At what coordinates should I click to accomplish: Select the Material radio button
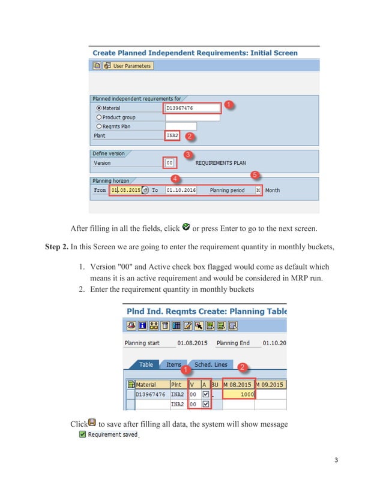pyautogui.click(x=99, y=108)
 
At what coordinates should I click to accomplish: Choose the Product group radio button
pyautogui.click(x=99, y=117)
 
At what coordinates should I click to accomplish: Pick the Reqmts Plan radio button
pyautogui.click(x=99, y=126)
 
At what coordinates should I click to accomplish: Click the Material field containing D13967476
pyautogui.click(x=191, y=108)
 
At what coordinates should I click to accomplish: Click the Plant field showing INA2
pyautogui.click(x=172, y=136)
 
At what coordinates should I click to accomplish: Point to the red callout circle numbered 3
pyautogui.click(x=187, y=155)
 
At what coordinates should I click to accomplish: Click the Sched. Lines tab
pyautogui.click(x=211, y=364)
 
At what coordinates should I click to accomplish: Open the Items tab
pyautogui.click(x=173, y=364)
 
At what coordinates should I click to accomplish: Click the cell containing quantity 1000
pyautogui.click(x=239, y=394)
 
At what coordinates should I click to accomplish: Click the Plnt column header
pyautogui.click(x=176, y=384)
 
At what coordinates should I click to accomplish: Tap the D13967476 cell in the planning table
pyautogui.click(x=151, y=394)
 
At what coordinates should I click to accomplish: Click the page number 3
pyautogui.click(x=336, y=460)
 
